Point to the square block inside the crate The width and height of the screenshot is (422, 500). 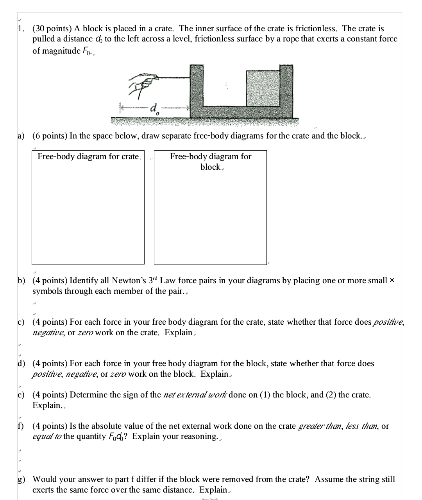(x=263, y=88)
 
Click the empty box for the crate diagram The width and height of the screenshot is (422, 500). (x=88, y=211)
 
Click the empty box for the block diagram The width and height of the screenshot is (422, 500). (x=210, y=215)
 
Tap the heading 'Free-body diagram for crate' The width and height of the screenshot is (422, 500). (x=88, y=156)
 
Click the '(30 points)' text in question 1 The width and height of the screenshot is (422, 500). (x=52, y=29)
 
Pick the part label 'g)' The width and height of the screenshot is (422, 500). (x=21, y=479)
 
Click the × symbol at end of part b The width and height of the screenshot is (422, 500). (x=392, y=281)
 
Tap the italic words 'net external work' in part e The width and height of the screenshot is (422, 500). (x=195, y=394)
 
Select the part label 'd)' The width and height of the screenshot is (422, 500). (x=21, y=363)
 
